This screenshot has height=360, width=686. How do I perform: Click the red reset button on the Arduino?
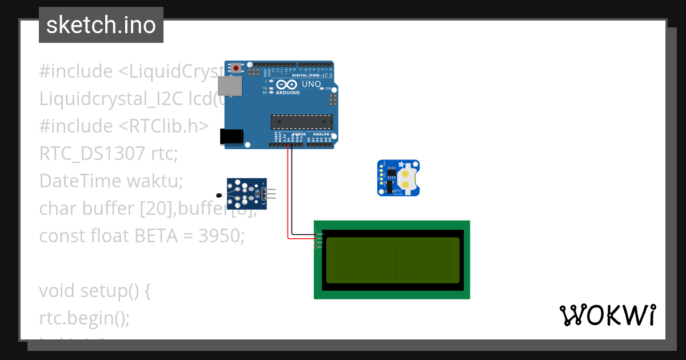[x=236, y=68]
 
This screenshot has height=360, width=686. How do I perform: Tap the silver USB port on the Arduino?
[x=229, y=86]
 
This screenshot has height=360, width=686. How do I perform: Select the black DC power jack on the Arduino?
[x=232, y=136]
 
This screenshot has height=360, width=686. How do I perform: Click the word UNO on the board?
[x=311, y=85]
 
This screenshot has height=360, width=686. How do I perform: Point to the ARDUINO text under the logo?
[x=287, y=92]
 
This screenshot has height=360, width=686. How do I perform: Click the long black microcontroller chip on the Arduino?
[x=302, y=121]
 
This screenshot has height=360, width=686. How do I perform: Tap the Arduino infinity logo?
[x=286, y=85]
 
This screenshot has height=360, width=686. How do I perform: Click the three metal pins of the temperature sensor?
[x=270, y=194]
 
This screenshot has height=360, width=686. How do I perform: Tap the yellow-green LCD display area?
[x=392, y=260]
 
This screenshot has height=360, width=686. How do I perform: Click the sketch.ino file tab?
[x=101, y=25]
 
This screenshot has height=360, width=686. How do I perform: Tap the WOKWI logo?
[x=607, y=315]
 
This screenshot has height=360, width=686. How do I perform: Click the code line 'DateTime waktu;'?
[x=111, y=181]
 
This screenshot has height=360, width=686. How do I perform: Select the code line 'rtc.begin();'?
[x=85, y=318]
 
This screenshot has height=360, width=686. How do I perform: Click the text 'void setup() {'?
[x=95, y=290]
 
